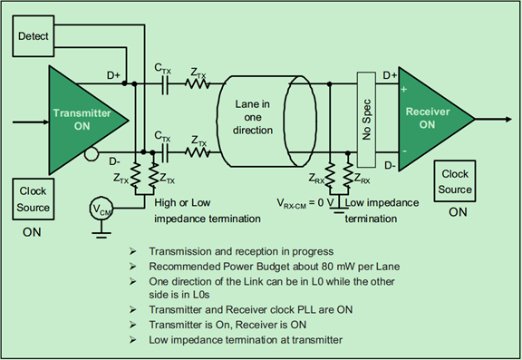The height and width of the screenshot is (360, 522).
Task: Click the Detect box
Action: coord(34,36)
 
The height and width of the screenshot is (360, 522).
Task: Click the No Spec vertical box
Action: coord(366,120)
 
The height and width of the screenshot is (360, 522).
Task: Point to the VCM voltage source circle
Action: coord(101,209)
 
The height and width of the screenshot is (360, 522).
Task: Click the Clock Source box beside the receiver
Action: coord(455,181)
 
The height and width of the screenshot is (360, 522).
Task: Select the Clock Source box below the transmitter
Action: coord(34,199)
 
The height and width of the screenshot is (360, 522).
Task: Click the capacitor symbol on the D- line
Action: coord(164,152)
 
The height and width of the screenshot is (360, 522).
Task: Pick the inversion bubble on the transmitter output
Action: coord(92,154)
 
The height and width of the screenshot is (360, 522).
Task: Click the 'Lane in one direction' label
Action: coord(252,117)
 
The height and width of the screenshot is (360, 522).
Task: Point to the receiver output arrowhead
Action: coord(508,119)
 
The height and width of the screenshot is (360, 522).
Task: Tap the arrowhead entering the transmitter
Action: coord(45,122)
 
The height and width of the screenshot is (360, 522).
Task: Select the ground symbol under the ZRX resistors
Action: coord(339,209)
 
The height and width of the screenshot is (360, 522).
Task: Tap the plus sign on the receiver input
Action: coord(404,89)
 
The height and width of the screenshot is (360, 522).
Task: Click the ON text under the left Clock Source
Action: coord(32,232)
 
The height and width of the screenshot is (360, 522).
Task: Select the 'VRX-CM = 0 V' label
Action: coord(305,203)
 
